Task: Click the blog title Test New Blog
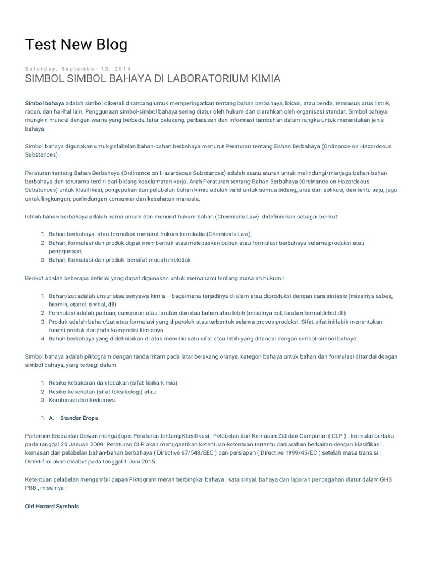76,45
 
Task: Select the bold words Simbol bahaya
45,103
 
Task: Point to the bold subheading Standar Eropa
79,418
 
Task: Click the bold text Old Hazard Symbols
52,506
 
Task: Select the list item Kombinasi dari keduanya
83,401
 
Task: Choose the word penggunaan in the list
65,251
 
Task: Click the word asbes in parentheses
385,296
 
